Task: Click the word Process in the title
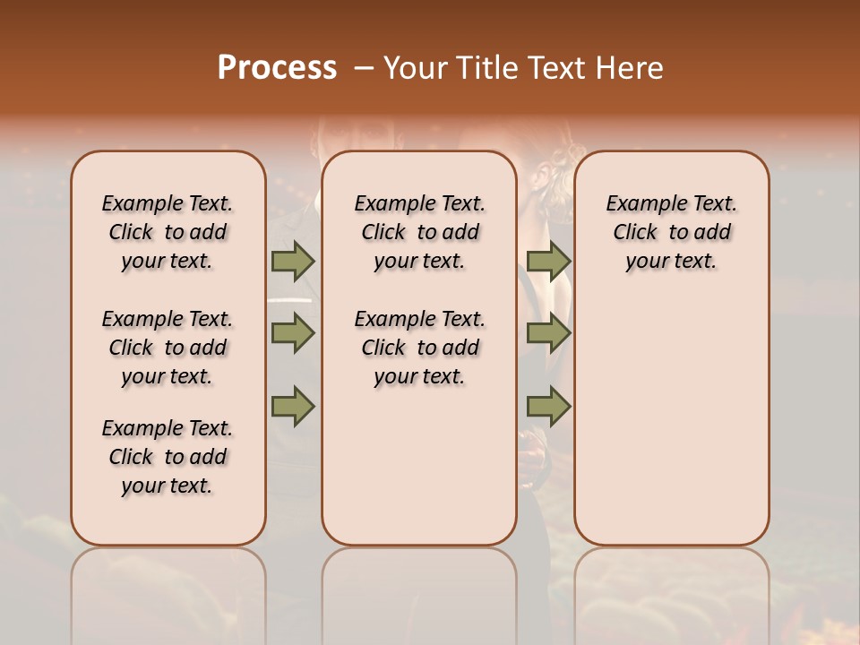(277, 68)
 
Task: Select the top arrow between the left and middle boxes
(292, 261)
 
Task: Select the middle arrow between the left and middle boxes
(292, 333)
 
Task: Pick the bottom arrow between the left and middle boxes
(292, 407)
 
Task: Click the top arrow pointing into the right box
(548, 261)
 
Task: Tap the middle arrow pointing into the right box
(548, 333)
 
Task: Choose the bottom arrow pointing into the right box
(548, 407)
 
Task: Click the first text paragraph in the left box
(168, 232)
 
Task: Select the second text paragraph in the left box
(168, 348)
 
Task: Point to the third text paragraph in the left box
(168, 457)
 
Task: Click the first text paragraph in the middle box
(420, 232)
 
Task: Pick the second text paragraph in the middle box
(420, 348)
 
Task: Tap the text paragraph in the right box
(672, 232)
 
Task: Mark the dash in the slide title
(364, 68)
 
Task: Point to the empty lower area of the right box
(672, 421)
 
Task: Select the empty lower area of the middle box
(419, 466)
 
